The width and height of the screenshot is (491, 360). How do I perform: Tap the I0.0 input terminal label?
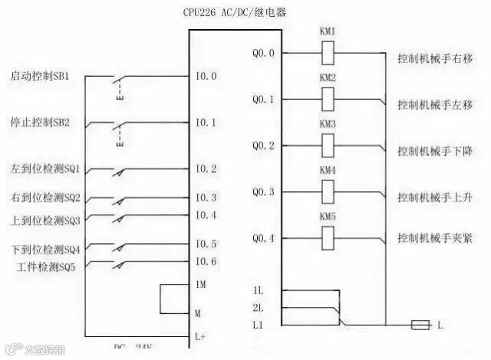point(206,77)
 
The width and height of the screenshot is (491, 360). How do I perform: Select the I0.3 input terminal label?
point(206,198)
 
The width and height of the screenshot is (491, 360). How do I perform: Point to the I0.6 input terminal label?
point(206,262)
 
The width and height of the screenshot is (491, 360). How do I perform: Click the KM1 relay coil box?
point(328,54)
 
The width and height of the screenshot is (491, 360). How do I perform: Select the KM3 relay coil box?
point(328,146)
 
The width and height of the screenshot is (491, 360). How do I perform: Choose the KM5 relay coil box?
point(328,239)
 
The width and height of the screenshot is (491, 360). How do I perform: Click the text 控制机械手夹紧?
point(434,239)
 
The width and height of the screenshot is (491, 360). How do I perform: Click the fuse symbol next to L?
point(420,325)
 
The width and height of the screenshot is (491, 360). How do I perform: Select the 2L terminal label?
point(258,309)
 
